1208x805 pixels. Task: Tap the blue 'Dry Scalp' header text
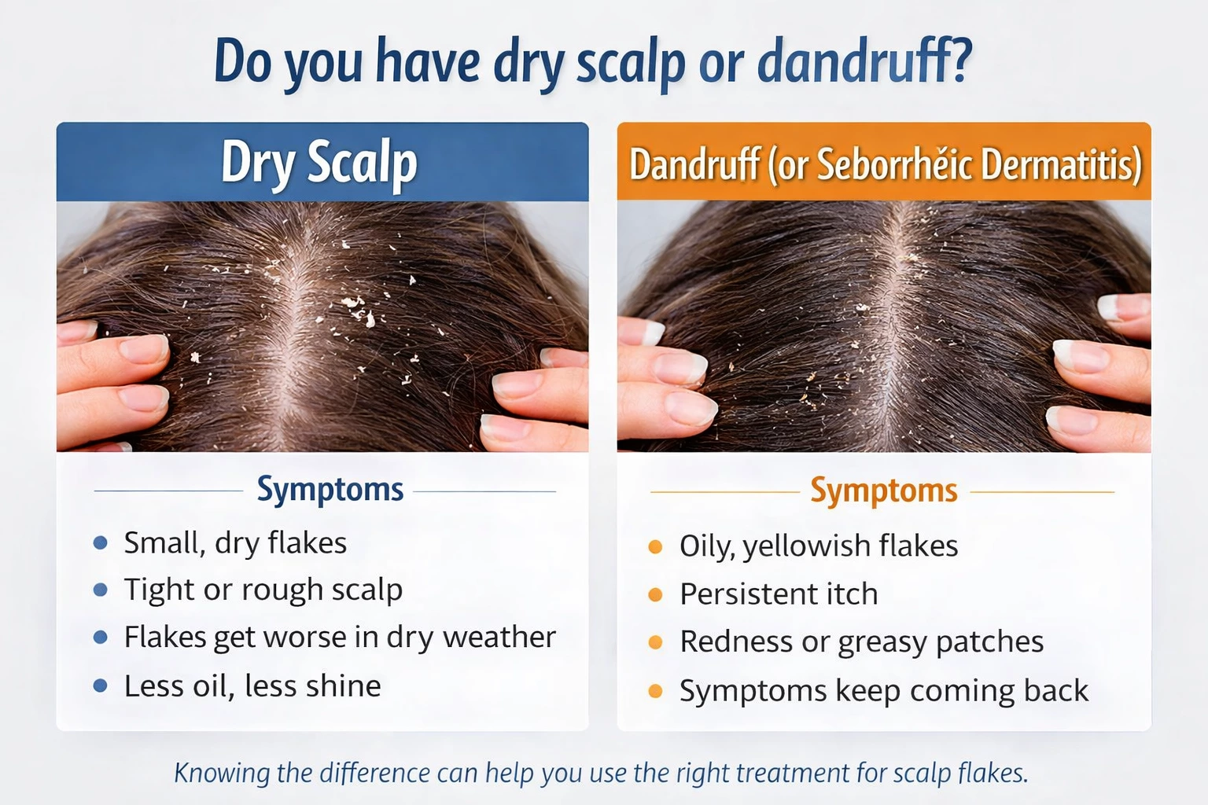pos(319,164)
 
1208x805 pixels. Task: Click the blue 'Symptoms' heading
pos(330,489)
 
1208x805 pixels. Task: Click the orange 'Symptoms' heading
pos(884,490)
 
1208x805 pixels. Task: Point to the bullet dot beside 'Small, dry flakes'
pos(101,542)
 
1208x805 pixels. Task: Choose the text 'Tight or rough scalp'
pos(263,590)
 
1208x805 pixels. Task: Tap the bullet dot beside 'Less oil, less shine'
pos(101,686)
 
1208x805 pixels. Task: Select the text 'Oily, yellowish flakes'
pos(818,546)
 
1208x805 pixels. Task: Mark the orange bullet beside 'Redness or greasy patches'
pos(655,642)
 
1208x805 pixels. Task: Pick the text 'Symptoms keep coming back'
pos(883,690)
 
